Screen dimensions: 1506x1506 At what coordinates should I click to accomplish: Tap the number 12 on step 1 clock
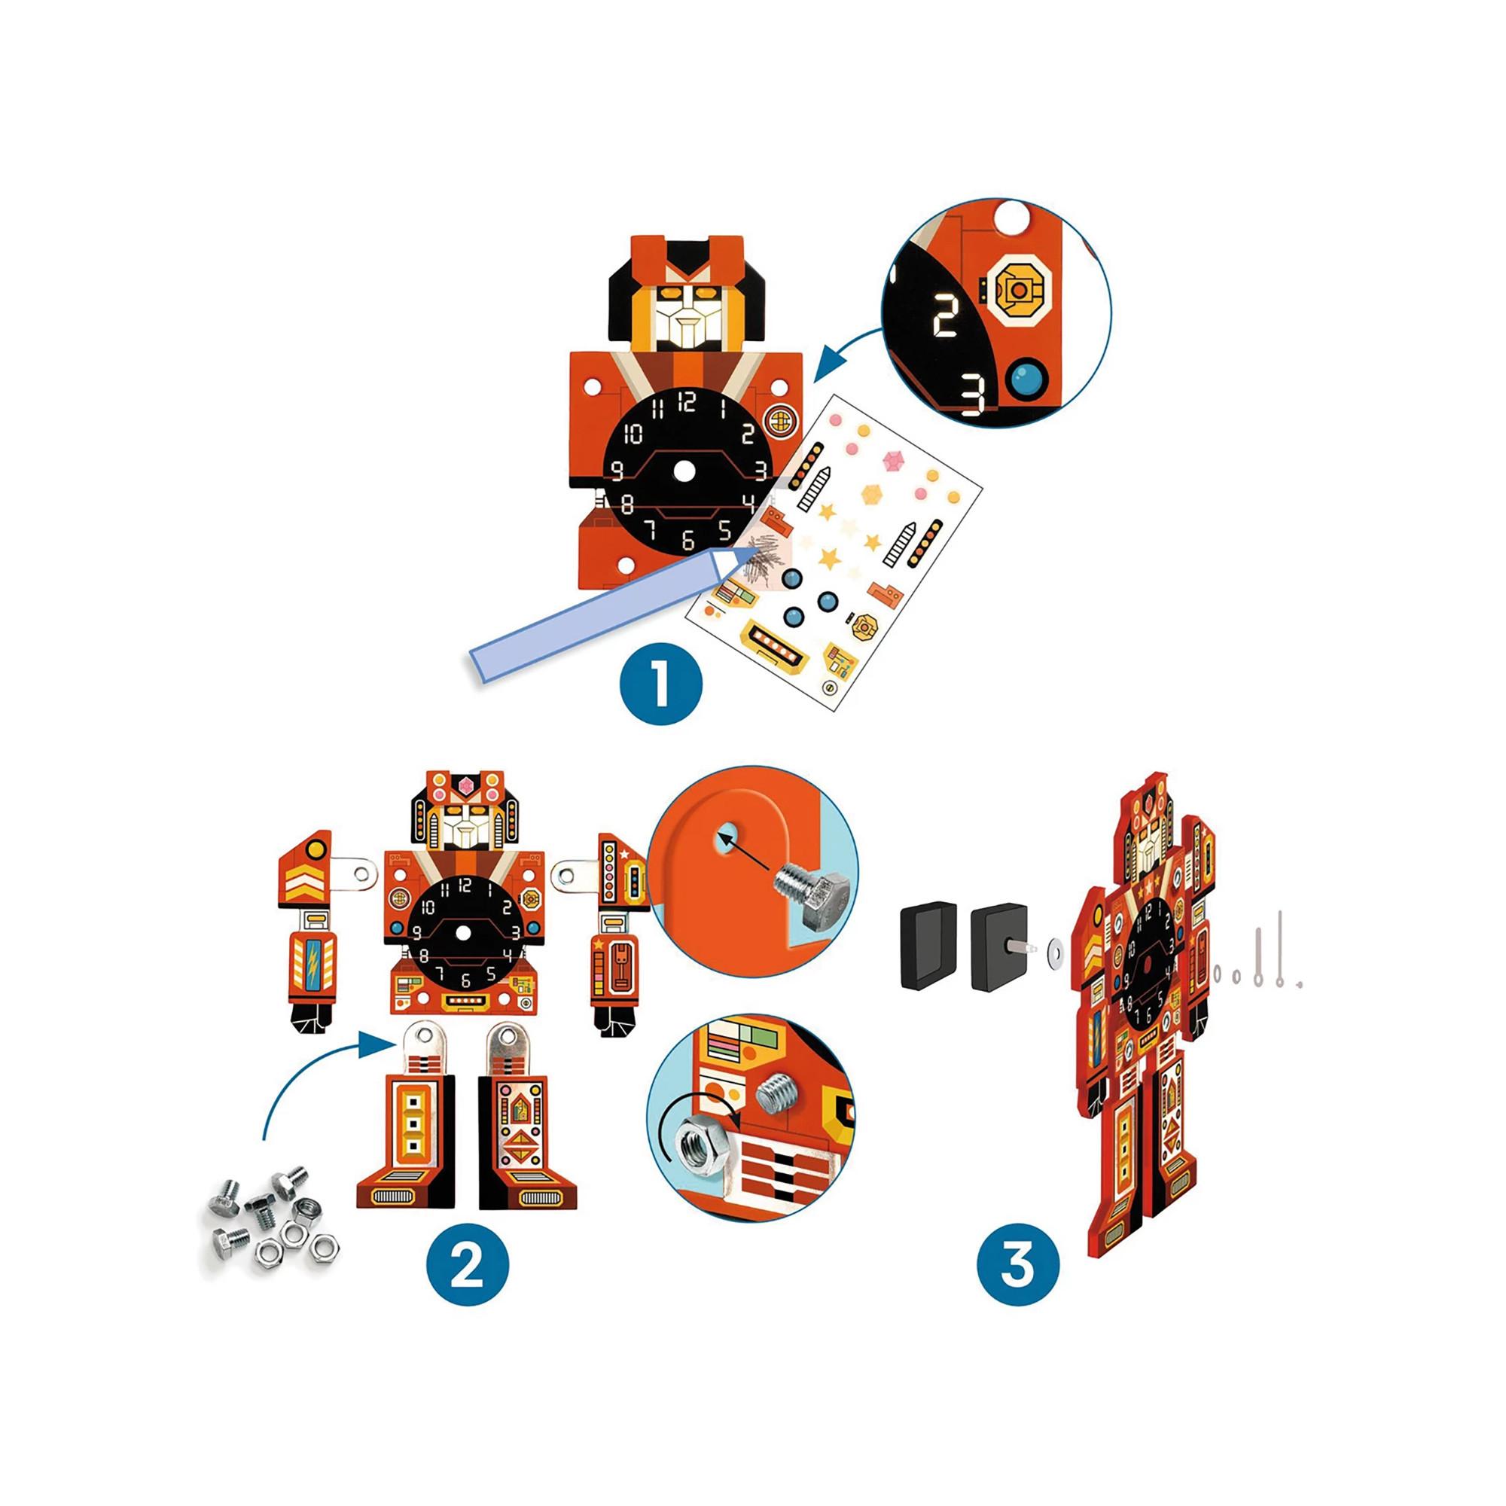687,402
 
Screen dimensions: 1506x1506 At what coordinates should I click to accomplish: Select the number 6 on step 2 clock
465,981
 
